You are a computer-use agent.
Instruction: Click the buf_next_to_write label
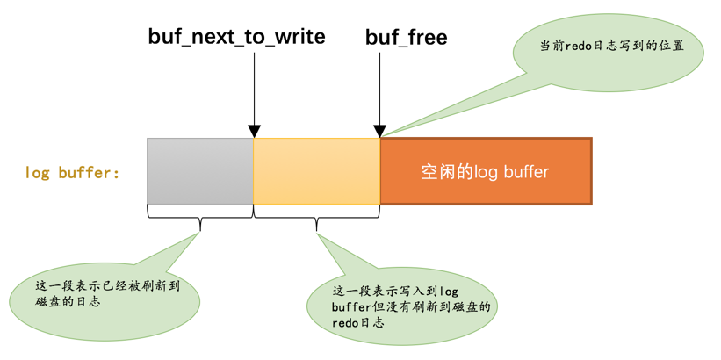[x=236, y=37]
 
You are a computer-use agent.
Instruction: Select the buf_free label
[x=406, y=37]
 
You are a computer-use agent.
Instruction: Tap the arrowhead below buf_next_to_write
[x=254, y=132]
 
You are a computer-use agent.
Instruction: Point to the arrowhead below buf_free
[x=380, y=132]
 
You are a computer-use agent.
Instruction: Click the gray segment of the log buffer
[x=200, y=171]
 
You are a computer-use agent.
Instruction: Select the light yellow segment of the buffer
[x=316, y=171]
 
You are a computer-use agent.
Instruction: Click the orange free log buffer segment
[x=486, y=171]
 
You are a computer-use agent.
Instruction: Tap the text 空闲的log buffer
[x=485, y=172]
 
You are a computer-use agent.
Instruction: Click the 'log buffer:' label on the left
[x=72, y=173]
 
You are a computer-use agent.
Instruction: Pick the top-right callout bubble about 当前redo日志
[x=611, y=48]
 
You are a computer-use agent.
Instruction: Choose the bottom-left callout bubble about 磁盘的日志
[x=105, y=295]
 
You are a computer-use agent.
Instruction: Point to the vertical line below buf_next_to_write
[x=254, y=88]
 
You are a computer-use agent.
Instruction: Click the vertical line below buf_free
[x=380, y=88]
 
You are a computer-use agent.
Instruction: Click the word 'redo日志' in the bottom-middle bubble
[x=358, y=322]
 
